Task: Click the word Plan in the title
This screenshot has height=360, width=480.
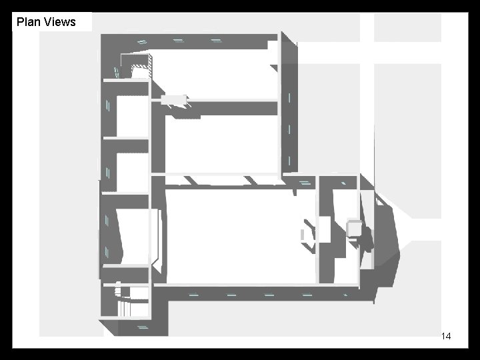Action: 27,22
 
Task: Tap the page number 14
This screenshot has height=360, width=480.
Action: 446,337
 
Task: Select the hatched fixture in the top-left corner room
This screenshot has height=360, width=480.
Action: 141,71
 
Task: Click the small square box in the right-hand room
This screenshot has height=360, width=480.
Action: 354,229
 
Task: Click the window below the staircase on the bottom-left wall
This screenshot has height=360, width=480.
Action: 142,327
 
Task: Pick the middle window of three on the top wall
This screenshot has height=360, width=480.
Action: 178,40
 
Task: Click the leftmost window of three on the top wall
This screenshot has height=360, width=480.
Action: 141,41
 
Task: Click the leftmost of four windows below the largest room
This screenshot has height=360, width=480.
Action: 193,293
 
